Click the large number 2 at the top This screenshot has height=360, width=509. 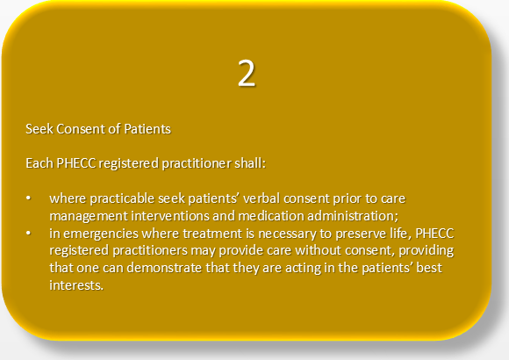click(x=247, y=74)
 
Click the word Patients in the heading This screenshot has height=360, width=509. click(x=147, y=129)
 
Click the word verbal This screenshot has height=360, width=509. click(x=262, y=198)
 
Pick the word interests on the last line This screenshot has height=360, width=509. click(x=76, y=285)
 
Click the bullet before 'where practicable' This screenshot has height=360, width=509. click(x=29, y=198)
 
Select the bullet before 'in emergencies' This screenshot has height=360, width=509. click(x=29, y=233)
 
